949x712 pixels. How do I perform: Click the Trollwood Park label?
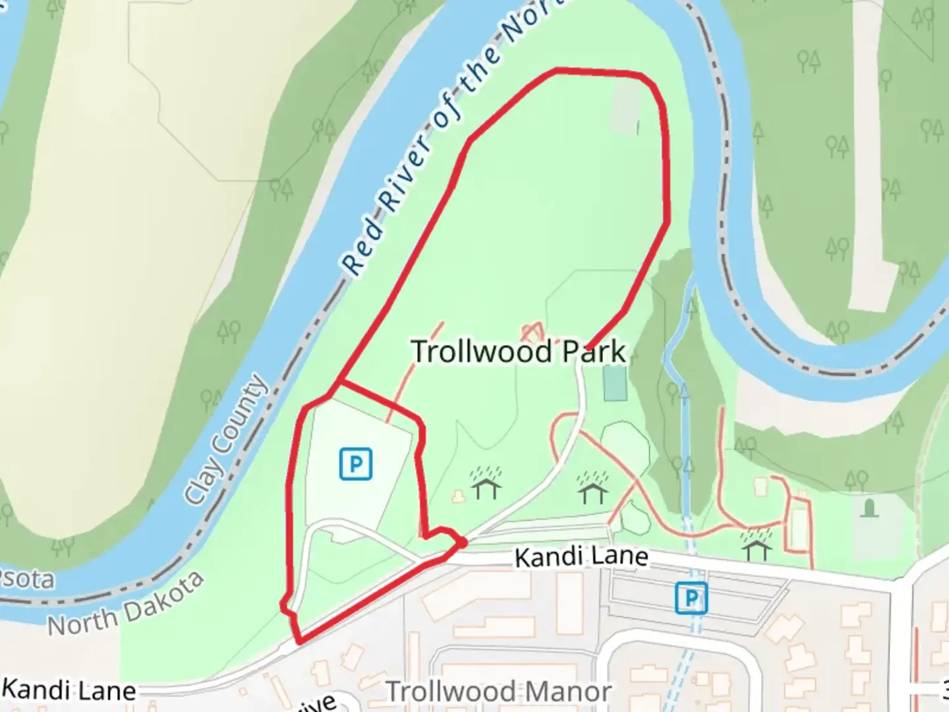[x=518, y=351]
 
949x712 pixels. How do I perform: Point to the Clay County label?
[x=226, y=440]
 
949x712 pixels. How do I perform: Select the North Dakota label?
[x=126, y=605]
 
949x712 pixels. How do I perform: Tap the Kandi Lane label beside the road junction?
[x=581, y=558]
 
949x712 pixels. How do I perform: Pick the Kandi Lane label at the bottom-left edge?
[x=69, y=690]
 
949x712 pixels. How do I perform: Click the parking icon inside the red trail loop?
[x=356, y=463]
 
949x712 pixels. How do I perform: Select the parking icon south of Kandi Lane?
[x=691, y=599]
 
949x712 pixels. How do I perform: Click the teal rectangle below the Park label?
[x=615, y=384]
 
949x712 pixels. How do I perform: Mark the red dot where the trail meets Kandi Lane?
[x=463, y=542]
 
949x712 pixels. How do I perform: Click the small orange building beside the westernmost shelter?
[x=456, y=496]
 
